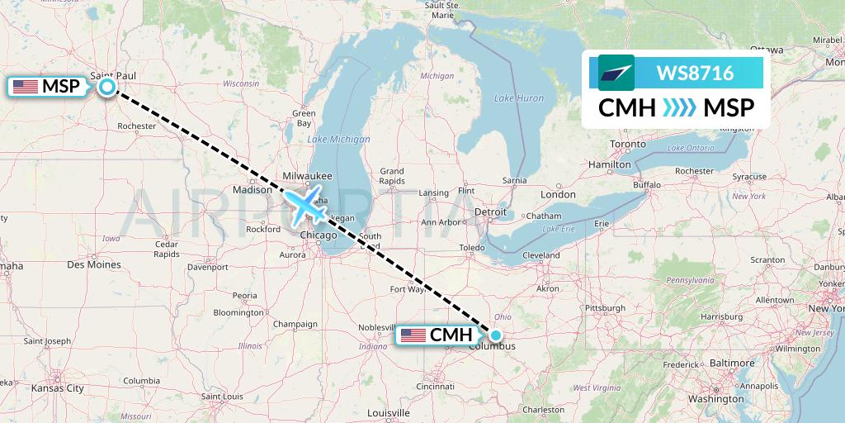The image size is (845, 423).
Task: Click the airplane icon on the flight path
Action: (305, 203)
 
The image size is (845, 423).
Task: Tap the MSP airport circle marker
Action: (107, 86)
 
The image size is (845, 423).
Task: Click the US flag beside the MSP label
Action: (26, 86)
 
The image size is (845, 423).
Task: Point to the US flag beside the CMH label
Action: (413, 335)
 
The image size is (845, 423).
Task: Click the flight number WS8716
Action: (695, 74)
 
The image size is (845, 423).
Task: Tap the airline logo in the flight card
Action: (616, 73)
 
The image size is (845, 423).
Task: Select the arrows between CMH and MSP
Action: (679, 107)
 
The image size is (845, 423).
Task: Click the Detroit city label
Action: (490, 212)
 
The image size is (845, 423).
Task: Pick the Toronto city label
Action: (628, 144)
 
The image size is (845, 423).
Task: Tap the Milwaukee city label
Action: (306, 176)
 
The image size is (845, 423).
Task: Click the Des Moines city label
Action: (93, 265)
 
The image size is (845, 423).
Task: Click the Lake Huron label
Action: (518, 98)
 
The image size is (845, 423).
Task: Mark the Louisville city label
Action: (389, 412)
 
